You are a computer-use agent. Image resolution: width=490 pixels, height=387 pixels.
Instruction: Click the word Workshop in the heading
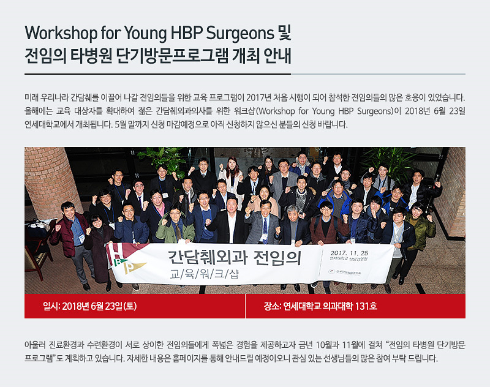pyautogui.click(x=61, y=33)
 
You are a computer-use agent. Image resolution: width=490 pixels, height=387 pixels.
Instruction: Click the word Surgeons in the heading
pyautogui.click(x=240, y=33)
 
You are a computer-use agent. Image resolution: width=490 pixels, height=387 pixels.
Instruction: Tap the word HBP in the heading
pyautogui.click(x=187, y=32)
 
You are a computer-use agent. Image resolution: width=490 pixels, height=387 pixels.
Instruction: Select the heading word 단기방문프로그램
pyautogui.click(x=172, y=56)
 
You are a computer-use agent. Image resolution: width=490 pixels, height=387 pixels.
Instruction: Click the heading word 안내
pyautogui.click(x=277, y=56)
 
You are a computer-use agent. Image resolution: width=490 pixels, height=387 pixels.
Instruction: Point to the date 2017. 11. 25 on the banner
pyautogui.click(x=349, y=253)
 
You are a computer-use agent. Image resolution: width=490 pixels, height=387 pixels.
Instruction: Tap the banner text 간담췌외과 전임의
pyautogui.click(x=235, y=257)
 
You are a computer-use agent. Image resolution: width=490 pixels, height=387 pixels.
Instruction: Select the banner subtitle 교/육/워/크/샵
pyautogui.click(x=205, y=274)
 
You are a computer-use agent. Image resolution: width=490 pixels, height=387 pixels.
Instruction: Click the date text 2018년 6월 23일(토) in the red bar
pyautogui.click(x=90, y=306)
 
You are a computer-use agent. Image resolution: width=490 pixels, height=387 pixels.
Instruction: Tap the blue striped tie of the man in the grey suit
pyautogui.click(x=265, y=230)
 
